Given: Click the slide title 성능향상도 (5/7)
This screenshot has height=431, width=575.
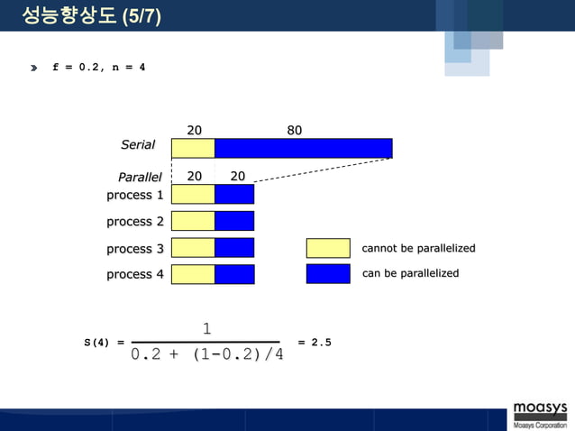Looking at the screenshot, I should click(x=91, y=15).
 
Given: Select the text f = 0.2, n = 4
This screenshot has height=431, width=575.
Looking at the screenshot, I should click(x=99, y=69).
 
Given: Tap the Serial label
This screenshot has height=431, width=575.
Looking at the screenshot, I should click(x=138, y=144).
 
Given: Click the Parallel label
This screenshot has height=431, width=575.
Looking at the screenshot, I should click(x=140, y=177).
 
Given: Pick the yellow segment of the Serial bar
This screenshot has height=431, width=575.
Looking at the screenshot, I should click(x=193, y=148).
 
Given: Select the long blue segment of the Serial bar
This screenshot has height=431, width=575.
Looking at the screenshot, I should click(x=303, y=148).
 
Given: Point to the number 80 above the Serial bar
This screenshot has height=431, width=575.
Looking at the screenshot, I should click(x=294, y=130).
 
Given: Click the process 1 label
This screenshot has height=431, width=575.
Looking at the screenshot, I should click(x=135, y=195).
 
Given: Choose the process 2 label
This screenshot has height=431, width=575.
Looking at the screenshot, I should click(x=135, y=221).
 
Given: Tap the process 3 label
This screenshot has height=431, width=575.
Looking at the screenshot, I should click(x=135, y=248).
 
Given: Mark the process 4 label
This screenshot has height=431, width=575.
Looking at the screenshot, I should click(x=135, y=274).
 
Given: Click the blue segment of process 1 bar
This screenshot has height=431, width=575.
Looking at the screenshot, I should click(x=234, y=194).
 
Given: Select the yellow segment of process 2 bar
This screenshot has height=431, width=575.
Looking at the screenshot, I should click(x=193, y=221).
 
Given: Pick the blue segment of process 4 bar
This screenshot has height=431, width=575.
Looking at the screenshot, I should click(x=234, y=274).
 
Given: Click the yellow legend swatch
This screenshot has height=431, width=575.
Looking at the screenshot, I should click(x=328, y=248).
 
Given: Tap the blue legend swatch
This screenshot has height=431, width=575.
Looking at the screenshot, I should click(x=328, y=274).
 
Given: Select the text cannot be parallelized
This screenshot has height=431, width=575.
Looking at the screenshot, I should click(x=418, y=248).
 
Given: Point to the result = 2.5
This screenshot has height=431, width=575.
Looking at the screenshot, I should click(x=315, y=343).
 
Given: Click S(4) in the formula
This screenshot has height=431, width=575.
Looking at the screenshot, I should click(x=96, y=343).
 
